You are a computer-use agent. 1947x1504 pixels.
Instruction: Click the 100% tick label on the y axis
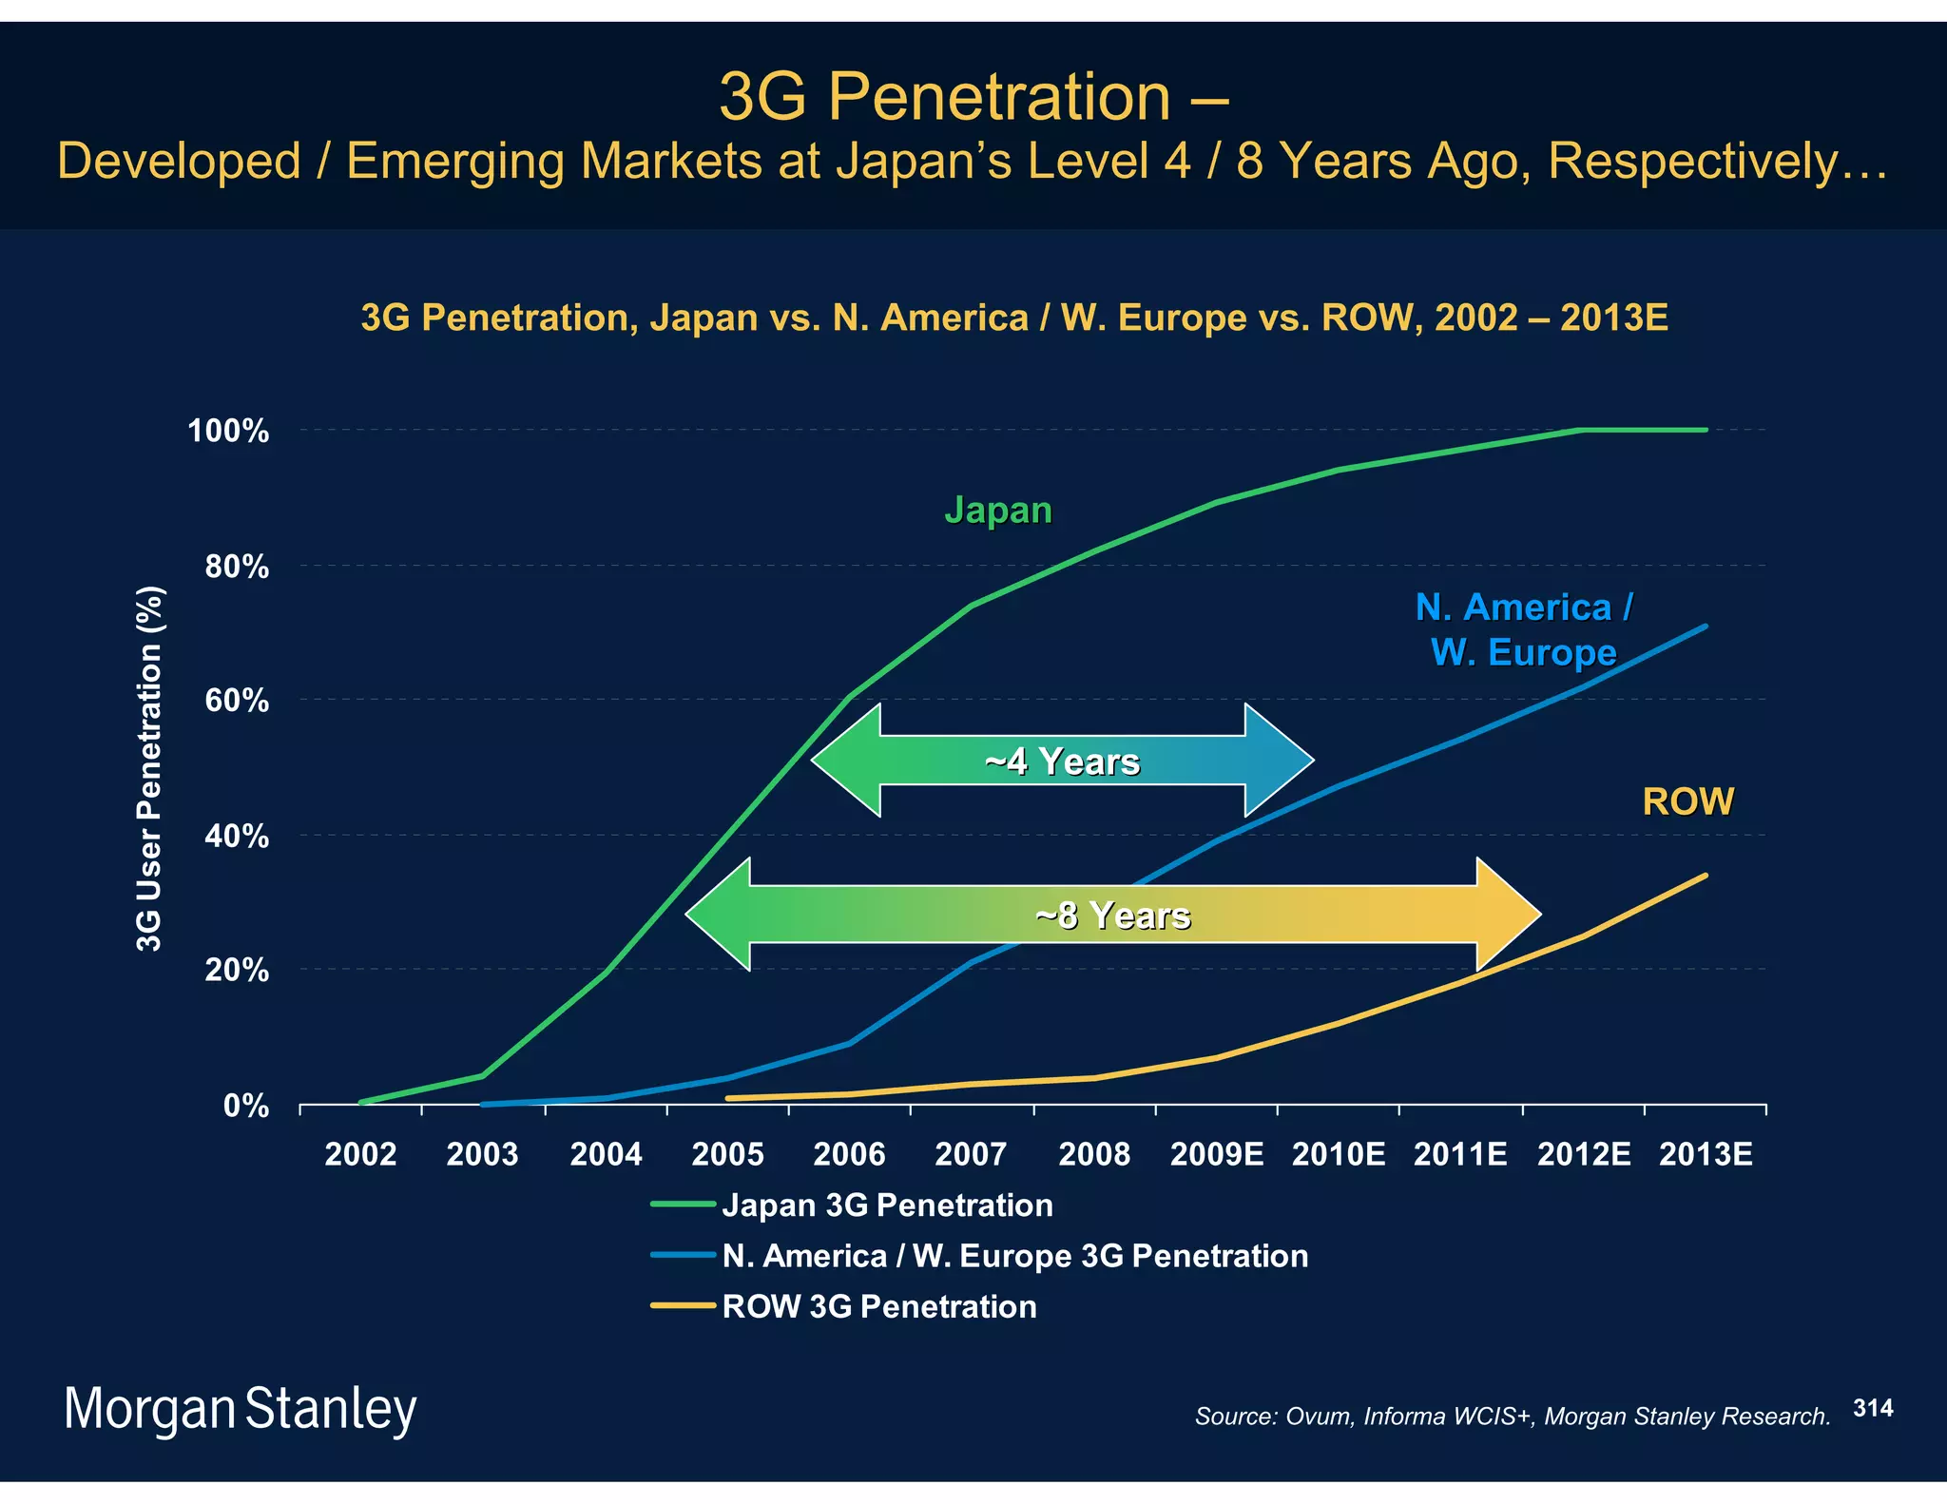228,432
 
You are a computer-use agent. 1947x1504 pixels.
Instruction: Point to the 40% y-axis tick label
237,837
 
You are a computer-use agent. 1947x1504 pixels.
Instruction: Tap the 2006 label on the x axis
849,1154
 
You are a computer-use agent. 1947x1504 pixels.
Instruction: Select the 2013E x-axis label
1706,1154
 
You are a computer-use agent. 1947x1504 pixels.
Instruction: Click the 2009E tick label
1217,1154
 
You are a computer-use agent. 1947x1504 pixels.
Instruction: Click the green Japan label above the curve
998,511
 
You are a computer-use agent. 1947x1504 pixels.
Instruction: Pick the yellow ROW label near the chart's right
1688,801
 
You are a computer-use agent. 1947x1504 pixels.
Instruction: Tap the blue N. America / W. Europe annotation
1524,629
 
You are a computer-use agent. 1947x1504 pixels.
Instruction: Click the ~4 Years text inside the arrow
1062,762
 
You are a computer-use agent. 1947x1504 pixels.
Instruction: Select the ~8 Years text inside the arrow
1112,916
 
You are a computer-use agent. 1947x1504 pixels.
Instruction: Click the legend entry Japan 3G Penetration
887,1205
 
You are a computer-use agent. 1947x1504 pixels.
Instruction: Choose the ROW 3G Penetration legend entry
878,1306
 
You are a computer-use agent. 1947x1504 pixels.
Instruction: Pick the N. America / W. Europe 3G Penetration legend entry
1014,1256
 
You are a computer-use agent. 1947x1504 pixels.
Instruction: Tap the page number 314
1873,1408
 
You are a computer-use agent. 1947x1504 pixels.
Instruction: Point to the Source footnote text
1512,1417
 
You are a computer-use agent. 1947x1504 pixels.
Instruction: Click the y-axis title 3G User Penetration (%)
149,768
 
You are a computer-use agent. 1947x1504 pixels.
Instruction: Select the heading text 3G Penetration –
973,97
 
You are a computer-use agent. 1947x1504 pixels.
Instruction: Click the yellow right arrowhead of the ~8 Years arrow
1512,915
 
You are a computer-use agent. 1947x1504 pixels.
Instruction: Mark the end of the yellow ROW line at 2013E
1706,876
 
